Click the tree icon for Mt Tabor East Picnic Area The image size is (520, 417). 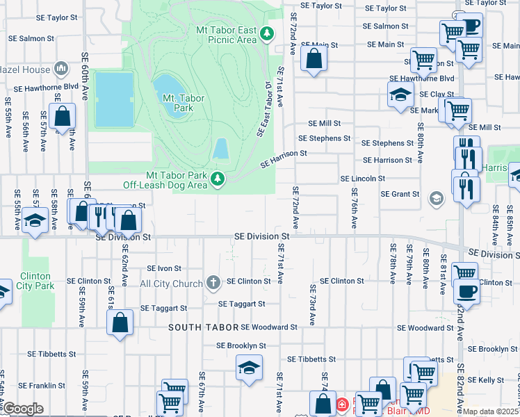pyautogui.click(x=266, y=33)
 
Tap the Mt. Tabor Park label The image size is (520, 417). pyautogui.click(x=184, y=103)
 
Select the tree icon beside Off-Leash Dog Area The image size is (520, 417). pyautogui.click(x=218, y=179)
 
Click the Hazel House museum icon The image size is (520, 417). pyautogui.click(x=60, y=69)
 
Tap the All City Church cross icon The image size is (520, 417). pyautogui.click(x=213, y=282)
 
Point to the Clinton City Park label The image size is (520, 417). pyautogui.click(x=35, y=281)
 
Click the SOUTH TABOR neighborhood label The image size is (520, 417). pyautogui.click(x=203, y=327)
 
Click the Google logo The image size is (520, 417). pyautogui.click(x=22, y=409)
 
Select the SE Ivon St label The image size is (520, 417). pyautogui.click(x=164, y=268)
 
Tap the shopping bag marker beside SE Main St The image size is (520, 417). pyautogui.click(x=314, y=60)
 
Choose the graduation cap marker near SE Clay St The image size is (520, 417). pyautogui.click(x=400, y=96)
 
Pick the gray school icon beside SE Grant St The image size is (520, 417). pyautogui.click(x=435, y=199)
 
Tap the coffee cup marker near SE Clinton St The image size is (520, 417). pyautogui.click(x=466, y=292)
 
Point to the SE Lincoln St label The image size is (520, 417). pyautogui.click(x=362, y=179)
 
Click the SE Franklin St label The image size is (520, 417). pyautogui.click(x=42, y=385)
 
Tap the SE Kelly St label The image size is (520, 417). pyautogui.click(x=491, y=380)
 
